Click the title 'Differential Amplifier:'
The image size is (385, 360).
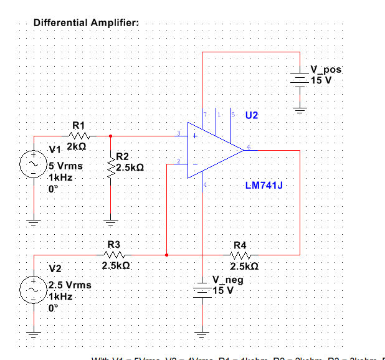(x=86, y=23)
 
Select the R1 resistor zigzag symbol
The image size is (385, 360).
(x=80, y=135)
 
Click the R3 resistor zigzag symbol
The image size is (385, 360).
(x=115, y=255)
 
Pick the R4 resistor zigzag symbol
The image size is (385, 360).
(x=240, y=255)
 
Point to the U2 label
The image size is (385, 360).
(x=251, y=116)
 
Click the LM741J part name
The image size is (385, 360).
(x=265, y=186)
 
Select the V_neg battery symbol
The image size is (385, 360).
(x=202, y=290)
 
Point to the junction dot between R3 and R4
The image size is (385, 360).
(x=166, y=255)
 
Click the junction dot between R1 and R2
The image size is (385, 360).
(x=110, y=135)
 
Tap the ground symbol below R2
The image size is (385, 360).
(x=110, y=220)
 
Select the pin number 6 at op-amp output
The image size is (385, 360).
(x=248, y=148)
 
